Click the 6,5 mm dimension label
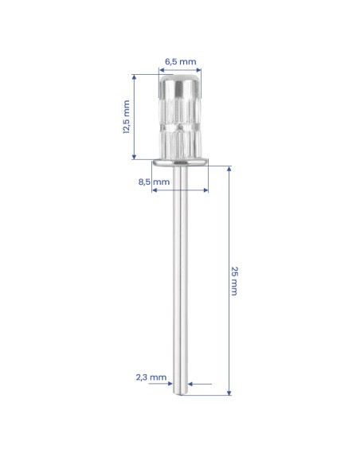(x=180, y=61)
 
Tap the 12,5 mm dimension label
(x=127, y=117)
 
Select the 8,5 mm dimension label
(x=154, y=182)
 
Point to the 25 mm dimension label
(x=234, y=281)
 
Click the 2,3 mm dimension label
(x=151, y=377)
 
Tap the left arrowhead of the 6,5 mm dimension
(x=161, y=70)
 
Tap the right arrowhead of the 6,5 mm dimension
(x=198, y=70)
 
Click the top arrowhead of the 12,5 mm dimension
(x=134, y=77)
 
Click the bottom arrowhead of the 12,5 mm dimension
(x=134, y=157)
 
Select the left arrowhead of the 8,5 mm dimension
(x=154, y=190)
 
